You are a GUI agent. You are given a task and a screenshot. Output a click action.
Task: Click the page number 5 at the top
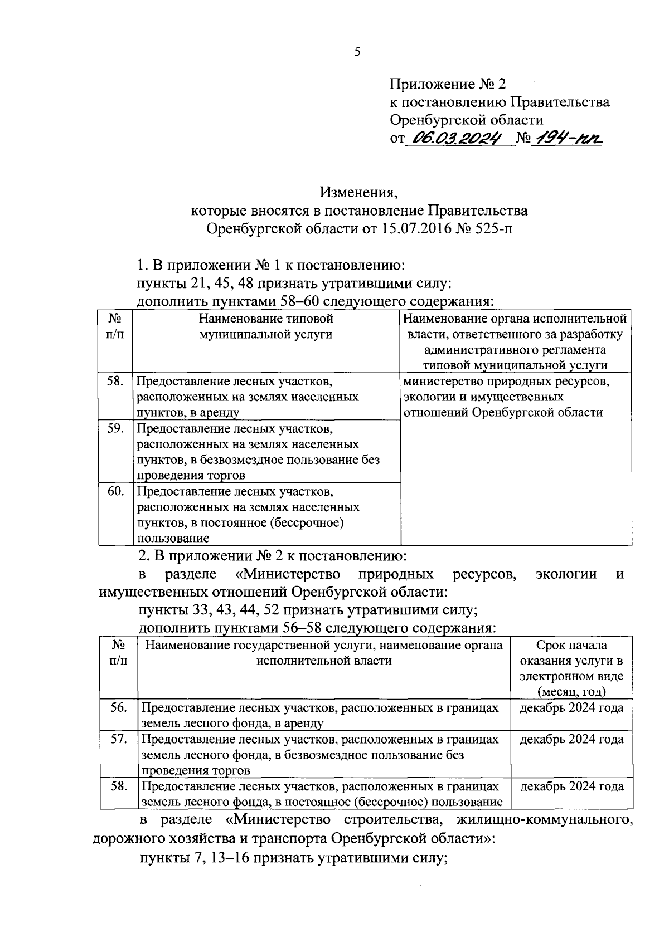tap(357, 52)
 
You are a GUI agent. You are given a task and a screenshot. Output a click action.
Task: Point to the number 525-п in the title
tap(489, 229)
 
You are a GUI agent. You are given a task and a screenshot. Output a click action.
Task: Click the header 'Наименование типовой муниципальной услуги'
tap(266, 326)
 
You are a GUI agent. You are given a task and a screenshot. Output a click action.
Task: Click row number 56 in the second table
tap(119, 707)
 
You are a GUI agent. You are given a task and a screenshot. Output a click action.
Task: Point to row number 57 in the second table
tap(119, 739)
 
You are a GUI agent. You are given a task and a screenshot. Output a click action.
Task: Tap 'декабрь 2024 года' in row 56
tap(571, 708)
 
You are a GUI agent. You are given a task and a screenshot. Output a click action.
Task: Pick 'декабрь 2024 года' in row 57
tap(571, 739)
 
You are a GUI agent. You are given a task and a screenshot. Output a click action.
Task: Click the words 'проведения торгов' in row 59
tap(191, 475)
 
